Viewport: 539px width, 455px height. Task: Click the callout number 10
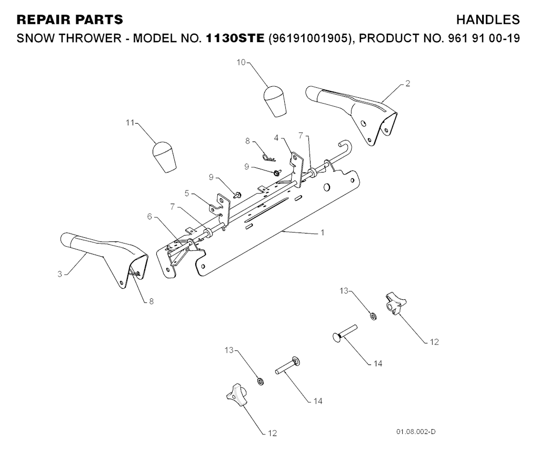click(x=241, y=63)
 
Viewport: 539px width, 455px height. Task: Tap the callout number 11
click(x=130, y=123)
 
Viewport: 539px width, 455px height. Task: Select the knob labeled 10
click(x=275, y=102)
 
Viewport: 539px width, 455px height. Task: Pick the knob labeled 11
click(x=164, y=157)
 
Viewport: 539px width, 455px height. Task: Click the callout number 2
click(x=408, y=84)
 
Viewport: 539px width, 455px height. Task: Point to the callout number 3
click(x=60, y=274)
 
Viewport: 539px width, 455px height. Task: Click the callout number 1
click(x=323, y=232)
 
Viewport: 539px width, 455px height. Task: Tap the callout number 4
click(x=276, y=138)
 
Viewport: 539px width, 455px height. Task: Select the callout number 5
click(x=187, y=194)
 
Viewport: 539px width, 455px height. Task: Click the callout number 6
click(x=149, y=217)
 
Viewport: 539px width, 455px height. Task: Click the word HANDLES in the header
click(x=488, y=19)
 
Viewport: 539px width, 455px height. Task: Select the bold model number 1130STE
click(x=235, y=38)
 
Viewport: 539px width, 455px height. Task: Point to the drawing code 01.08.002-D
click(x=416, y=432)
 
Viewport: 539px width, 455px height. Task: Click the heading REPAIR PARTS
click(x=70, y=19)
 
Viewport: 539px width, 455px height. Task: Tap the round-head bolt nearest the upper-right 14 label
click(x=345, y=332)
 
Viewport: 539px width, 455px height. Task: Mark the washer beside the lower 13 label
click(x=260, y=381)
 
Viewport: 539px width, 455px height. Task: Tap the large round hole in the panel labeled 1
click(x=326, y=187)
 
